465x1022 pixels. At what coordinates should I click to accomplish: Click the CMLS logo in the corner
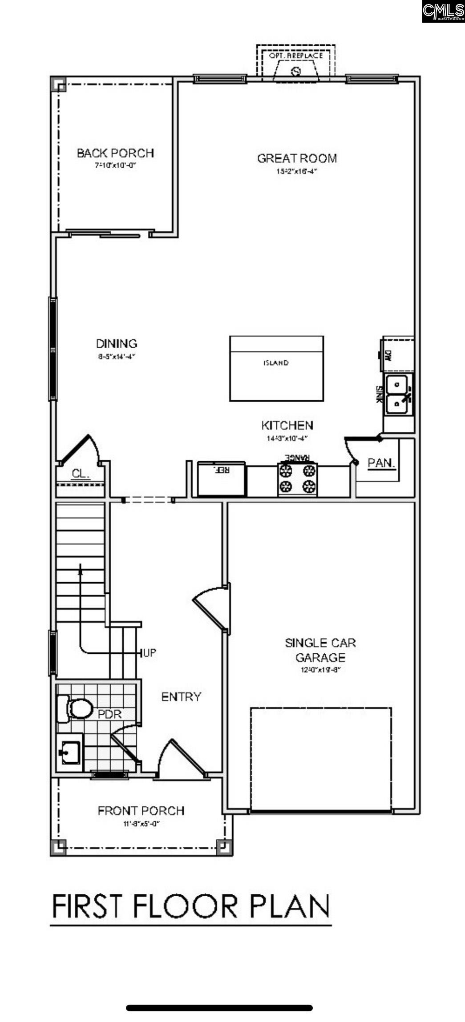(x=443, y=11)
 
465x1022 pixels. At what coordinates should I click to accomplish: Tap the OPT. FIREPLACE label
(x=296, y=56)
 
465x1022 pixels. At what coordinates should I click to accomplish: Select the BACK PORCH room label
(x=115, y=153)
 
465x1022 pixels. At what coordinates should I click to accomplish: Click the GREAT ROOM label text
(x=297, y=158)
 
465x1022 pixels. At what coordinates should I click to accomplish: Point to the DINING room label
(x=117, y=344)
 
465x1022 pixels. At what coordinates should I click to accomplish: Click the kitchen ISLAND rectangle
(x=276, y=369)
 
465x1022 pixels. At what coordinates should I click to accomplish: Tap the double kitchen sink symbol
(x=398, y=394)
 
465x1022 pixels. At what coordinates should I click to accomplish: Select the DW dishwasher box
(x=396, y=355)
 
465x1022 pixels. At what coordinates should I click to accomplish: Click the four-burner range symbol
(x=297, y=479)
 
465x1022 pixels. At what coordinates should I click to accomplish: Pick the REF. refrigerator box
(x=221, y=479)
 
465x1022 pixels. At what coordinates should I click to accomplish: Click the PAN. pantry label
(x=381, y=463)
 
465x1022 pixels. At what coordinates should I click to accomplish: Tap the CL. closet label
(x=81, y=474)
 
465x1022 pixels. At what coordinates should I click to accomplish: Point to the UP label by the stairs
(x=150, y=653)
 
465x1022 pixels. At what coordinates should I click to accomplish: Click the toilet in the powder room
(x=75, y=708)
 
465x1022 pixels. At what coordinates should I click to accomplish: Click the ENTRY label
(x=181, y=697)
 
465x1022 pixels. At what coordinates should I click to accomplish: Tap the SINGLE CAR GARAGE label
(x=320, y=650)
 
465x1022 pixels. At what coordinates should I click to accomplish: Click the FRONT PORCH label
(x=141, y=811)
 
